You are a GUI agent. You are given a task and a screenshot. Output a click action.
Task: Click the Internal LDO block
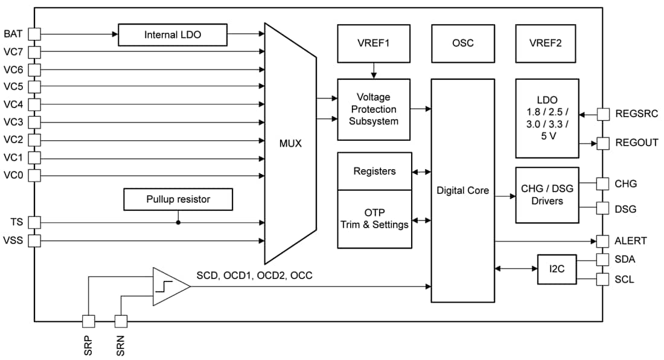tap(172, 35)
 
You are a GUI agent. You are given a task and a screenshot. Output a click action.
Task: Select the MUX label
tap(290, 144)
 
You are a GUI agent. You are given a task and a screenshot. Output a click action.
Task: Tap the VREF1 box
tap(373, 43)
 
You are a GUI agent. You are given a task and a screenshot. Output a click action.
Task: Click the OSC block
tap(462, 43)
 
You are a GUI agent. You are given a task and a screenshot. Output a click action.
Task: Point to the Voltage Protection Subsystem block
tap(373, 109)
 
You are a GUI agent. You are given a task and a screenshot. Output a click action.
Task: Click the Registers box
tap(374, 171)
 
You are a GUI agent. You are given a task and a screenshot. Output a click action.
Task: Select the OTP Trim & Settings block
tap(374, 219)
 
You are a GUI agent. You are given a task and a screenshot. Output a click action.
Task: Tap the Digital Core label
tap(462, 190)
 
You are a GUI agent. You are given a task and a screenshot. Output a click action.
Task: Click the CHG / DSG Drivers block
tap(547, 194)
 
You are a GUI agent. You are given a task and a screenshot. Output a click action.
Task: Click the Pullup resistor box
tap(178, 199)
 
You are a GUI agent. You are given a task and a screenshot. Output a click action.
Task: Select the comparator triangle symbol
tap(169, 285)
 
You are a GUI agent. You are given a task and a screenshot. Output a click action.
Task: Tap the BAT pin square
tap(34, 34)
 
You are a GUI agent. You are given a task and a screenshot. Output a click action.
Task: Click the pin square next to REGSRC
tap(602, 114)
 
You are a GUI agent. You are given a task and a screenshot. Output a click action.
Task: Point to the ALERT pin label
tap(631, 241)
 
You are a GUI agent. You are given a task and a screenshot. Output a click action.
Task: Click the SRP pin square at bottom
tap(88, 321)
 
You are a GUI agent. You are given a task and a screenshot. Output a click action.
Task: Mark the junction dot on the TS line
tap(178, 222)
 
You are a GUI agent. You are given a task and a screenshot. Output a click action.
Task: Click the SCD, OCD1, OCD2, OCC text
tap(254, 275)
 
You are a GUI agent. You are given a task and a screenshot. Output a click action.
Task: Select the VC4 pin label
tap(13, 104)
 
